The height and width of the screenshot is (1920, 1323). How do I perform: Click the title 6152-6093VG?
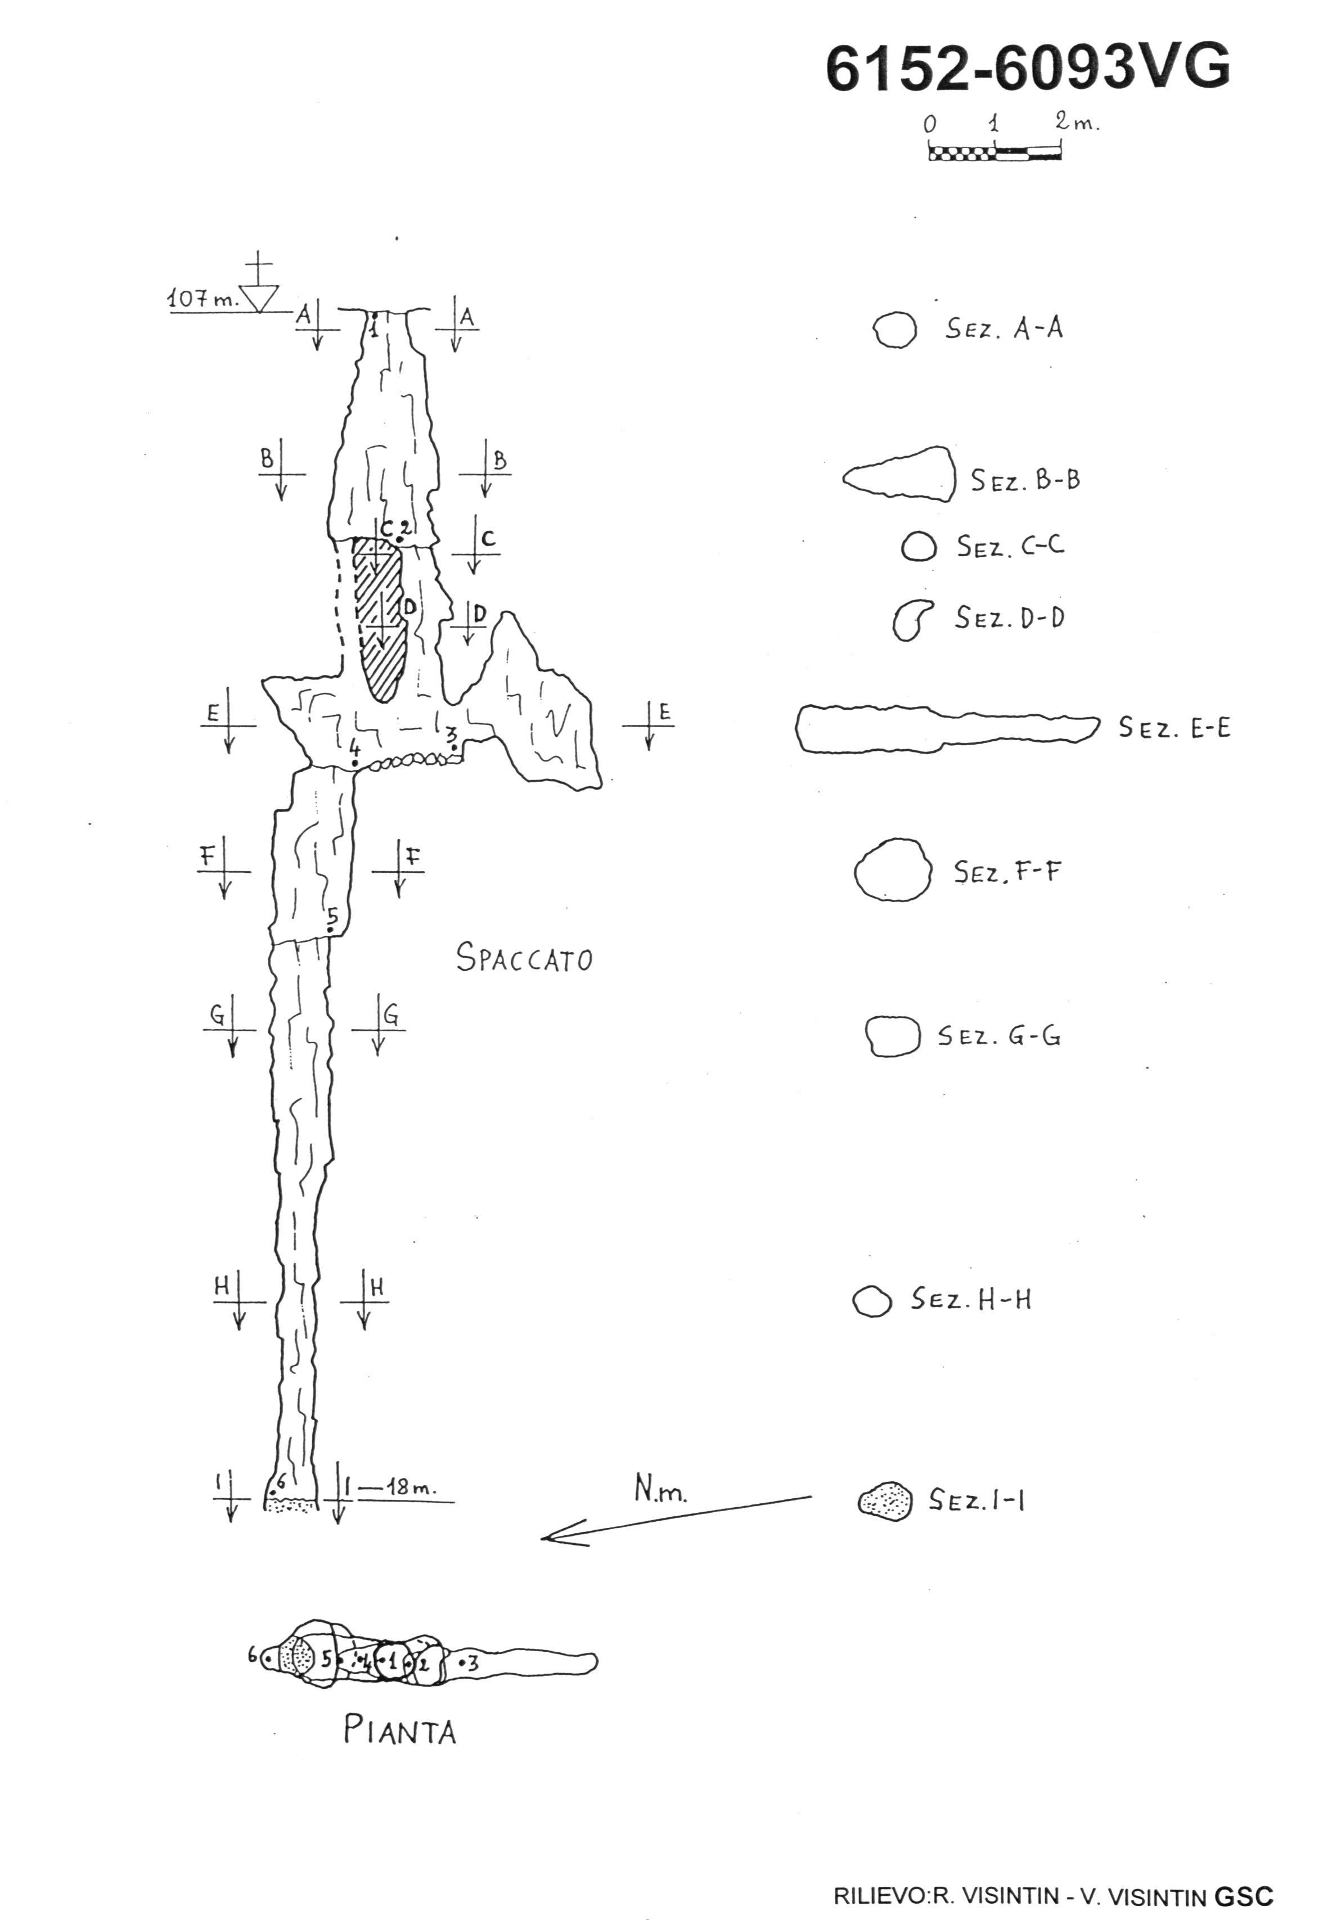click(x=1028, y=68)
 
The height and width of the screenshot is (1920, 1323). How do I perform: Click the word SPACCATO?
click(x=525, y=959)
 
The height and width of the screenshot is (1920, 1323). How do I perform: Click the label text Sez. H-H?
click(x=971, y=1299)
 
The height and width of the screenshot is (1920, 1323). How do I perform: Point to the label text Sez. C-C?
click(x=1010, y=546)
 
